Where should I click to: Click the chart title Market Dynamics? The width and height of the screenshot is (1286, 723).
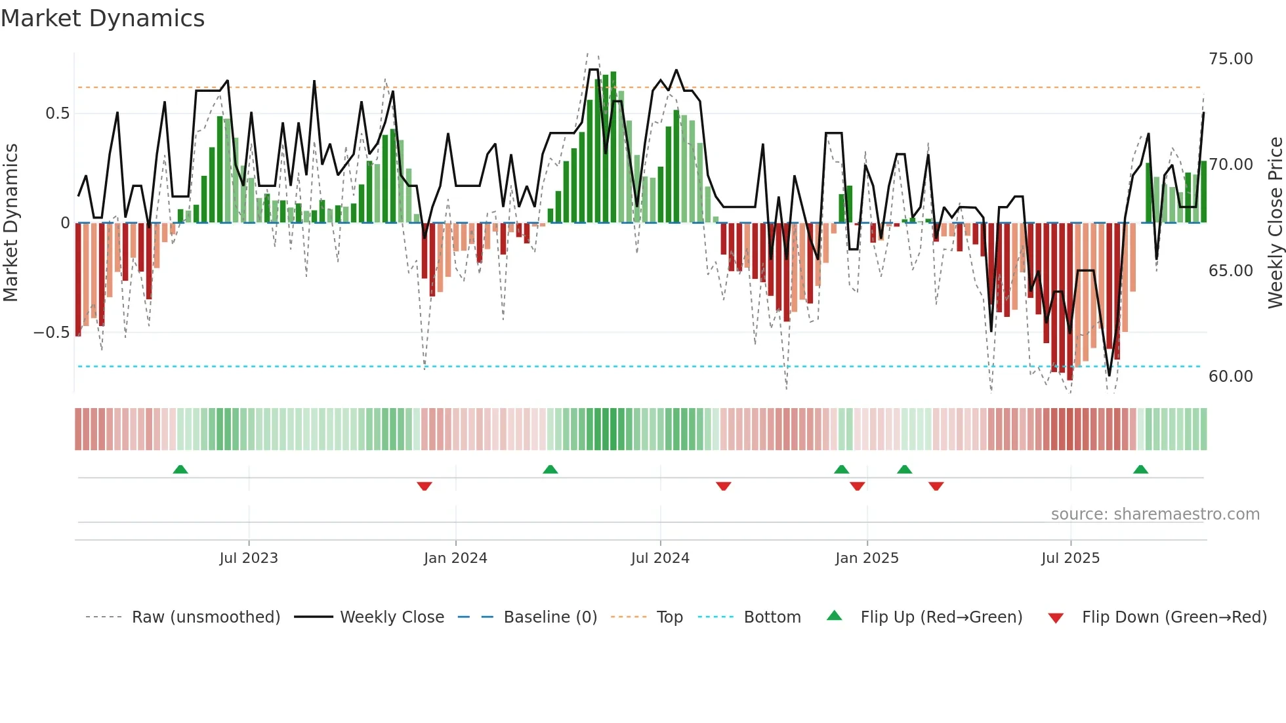(102, 18)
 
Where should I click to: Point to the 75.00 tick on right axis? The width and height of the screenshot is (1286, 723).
(1230, 59)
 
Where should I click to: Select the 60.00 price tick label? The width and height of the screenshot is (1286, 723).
(1230, 377)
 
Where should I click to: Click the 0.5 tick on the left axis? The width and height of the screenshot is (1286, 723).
(57, 114)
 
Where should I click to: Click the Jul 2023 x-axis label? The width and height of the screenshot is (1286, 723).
(249, 558)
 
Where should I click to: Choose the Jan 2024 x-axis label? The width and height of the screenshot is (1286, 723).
(455, 558)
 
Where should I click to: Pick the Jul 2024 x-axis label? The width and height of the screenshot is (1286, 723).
(660, 558)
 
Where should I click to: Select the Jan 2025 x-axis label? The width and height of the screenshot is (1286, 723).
(867, 558)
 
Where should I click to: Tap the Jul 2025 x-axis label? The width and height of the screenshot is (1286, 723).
(1070, 558)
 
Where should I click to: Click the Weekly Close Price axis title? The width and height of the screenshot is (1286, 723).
(1275, 222)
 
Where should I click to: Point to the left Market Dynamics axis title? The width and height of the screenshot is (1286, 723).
(10, 222)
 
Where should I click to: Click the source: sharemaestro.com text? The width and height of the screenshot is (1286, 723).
(1155, 514)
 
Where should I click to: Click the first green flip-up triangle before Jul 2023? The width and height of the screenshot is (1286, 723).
(180, 469)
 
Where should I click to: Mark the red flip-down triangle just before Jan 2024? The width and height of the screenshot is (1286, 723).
(425, 486)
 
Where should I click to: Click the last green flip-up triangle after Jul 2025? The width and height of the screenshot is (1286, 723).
(1140, 469)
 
